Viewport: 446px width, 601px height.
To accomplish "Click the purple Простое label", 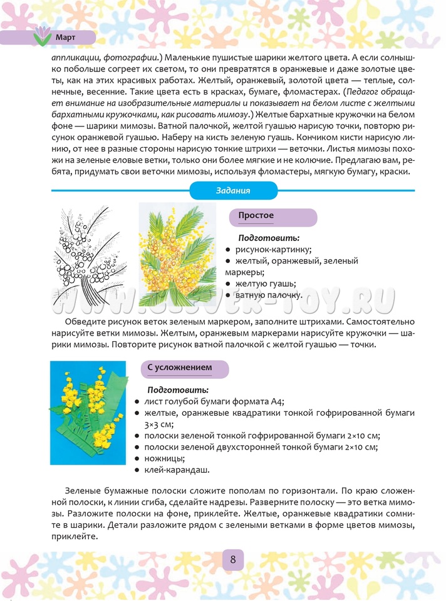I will pyautogui.click(x=256, y=216).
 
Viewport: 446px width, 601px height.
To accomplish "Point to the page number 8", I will pyautogui.click(x=232, y=559).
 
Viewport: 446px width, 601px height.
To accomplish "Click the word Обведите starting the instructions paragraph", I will pyautogui.click(x=85, y=322).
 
